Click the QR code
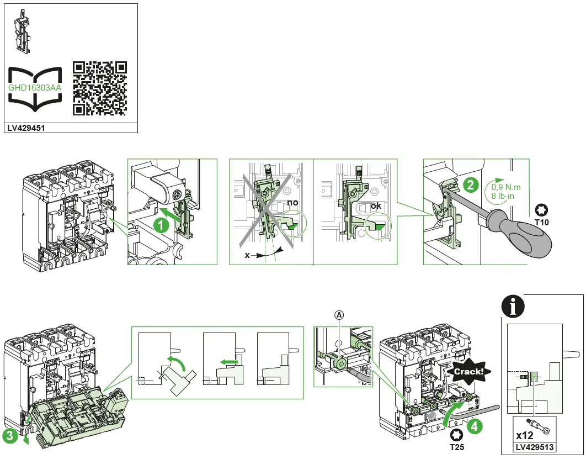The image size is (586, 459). pyautogui.click(x=99, y=88)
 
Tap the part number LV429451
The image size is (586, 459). pyautogui.click(x=26, y=128)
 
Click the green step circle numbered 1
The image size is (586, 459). pyautogui.click(x=161, y=225)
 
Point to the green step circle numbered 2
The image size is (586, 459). pyautogui.click(x=470, y=184)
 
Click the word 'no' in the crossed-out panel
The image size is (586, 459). pyautogui.click(x=292, y=203)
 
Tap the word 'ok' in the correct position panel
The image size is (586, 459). pyautogui.click(x=376, y=207)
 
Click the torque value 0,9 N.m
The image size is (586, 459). pyautogui.click(x=506, y=187)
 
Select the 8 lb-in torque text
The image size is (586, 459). pyautogui.click(x=503, y=196)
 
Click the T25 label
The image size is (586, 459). pyautogui.click(x=456, y=447)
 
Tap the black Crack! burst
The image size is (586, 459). pyautogui.click(x=468, y=372)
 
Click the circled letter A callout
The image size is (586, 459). pyautogui.click(x=339, y=314)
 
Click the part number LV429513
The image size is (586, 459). pyautogui.click(x=535, y=447)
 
